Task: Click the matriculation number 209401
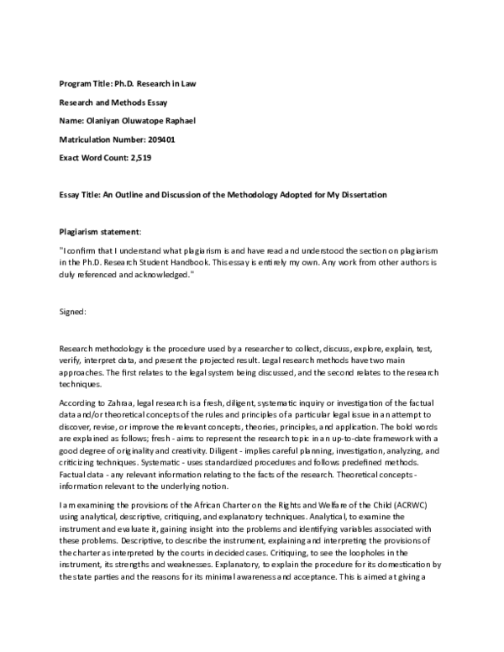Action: tap(160, 139)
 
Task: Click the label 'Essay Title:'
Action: tap(81, 195)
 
